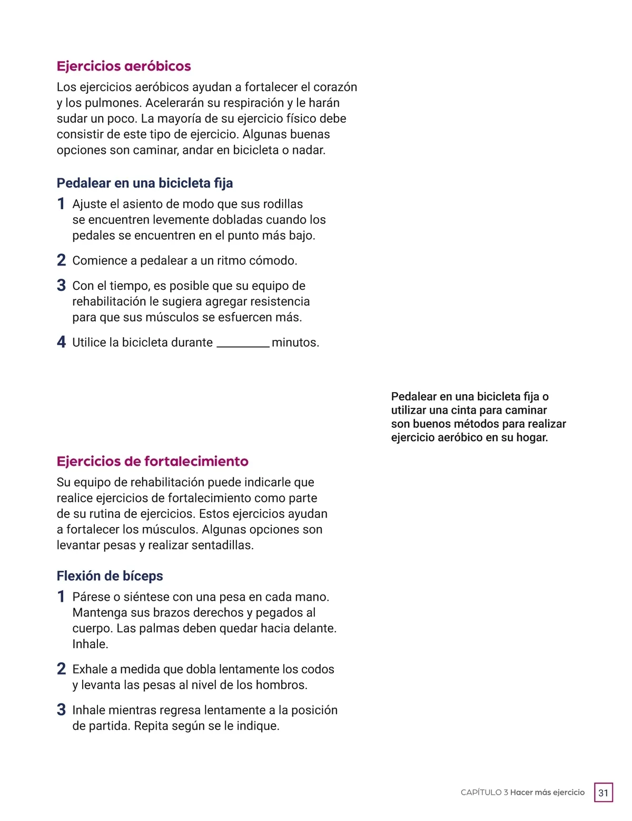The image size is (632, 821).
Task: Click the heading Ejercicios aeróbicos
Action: click(124, 66)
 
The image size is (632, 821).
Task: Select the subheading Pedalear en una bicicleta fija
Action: click(145, 183)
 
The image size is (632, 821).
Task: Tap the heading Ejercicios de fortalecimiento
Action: click(152, 462)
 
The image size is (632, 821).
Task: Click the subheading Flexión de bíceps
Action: click(110, 576)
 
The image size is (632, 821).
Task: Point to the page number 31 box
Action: click(603, 793)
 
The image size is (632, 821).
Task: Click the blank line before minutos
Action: click(243, 344)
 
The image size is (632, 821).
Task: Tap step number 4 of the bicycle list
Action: click(61, 343)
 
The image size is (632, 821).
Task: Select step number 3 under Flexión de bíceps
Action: click(61, 710)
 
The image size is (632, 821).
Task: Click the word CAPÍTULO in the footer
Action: click(481, 793)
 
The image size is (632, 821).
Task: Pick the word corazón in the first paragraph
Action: click(336, 87)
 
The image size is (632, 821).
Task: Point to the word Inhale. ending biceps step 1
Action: click(90, 644)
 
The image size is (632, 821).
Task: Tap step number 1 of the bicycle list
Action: click(61, 204)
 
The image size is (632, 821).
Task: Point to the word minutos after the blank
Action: click(295, 343)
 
